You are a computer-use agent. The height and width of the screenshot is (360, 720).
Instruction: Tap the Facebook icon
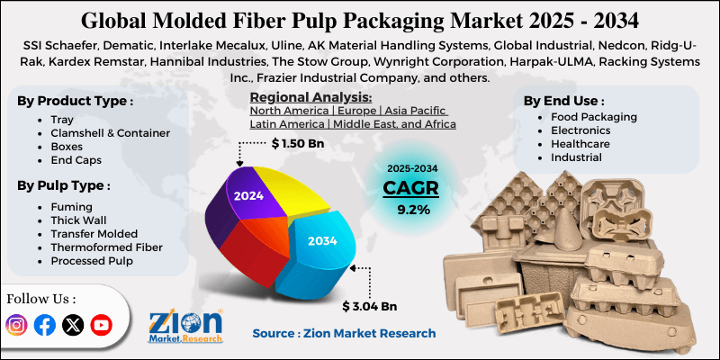coord(44,325)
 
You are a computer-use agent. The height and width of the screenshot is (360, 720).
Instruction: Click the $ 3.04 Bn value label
coord(371,306)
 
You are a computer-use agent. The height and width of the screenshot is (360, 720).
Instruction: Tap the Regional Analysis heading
coord(310,97)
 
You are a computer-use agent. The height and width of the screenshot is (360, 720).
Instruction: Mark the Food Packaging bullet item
coord(593,117)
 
